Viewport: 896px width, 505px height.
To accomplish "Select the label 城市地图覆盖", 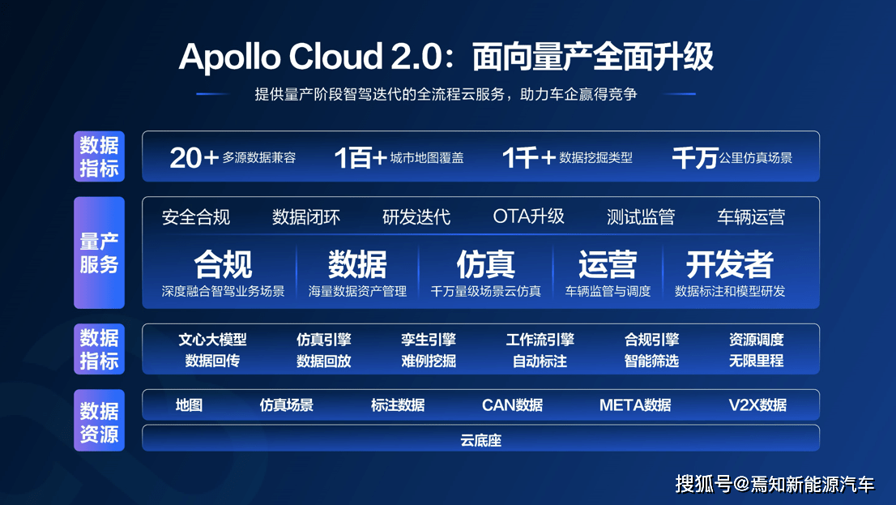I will [x=427, y=158].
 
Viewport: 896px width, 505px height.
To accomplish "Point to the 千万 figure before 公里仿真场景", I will [x=695, y=158].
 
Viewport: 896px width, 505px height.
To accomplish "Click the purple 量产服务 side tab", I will [x=99, y=253].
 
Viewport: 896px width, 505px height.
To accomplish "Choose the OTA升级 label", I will [x=528, y=216].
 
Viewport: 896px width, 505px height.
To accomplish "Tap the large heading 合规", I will [x=223, y=264].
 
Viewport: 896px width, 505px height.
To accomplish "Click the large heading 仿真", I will [x=485, y=264].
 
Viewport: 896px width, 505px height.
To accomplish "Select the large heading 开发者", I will [x=729, y=264].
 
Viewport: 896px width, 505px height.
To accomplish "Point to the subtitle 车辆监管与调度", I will [x=608, y=291].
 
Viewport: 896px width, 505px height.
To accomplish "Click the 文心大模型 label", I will [x=212, y=340].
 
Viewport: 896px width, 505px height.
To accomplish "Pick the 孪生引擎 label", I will [x=429, y=340].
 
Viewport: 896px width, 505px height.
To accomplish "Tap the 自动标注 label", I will [x=540, y=361].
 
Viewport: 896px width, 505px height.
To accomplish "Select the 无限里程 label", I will [x=756, y=361].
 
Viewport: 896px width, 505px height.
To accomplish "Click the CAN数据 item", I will [x=512, y=404].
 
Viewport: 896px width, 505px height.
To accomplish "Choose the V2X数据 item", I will [x=757, y=404].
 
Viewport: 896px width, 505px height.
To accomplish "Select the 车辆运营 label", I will [x=750, y=217].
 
